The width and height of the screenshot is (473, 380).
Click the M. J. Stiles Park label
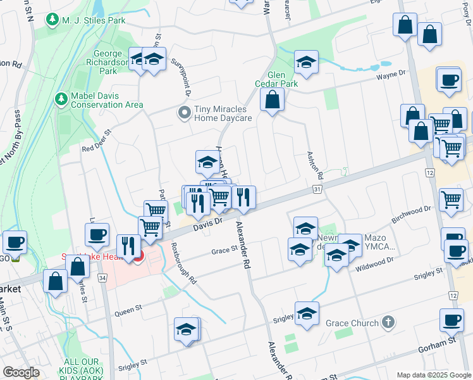coord(93,20)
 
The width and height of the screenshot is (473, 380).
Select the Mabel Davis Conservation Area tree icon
coord(61,99)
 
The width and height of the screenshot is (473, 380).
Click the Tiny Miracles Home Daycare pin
coord(184,113)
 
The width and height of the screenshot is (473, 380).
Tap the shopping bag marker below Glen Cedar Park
coord(272,100)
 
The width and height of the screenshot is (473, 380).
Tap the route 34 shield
coord(103,277)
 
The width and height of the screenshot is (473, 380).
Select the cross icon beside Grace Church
coord(388,322)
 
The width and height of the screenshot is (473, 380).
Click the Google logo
coord(21,372)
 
